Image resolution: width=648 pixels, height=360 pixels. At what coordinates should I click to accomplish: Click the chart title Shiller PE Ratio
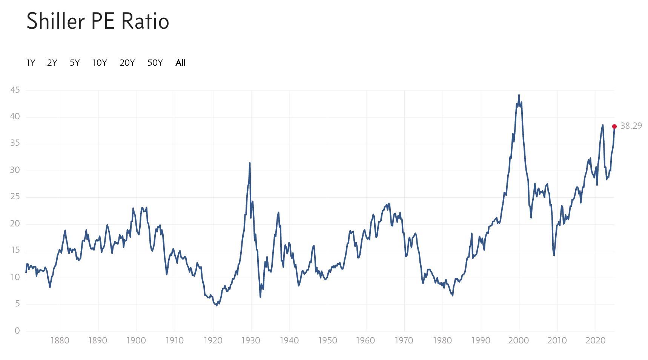tap(98, 21)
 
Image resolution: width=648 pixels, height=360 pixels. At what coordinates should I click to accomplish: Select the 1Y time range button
tap(31, 63)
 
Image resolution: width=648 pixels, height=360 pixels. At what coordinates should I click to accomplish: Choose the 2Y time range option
tap(52, 63)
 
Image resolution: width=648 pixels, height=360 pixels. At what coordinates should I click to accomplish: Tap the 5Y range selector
tap(75, 63)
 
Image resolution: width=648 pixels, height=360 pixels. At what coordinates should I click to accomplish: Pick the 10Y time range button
tap(100, 63)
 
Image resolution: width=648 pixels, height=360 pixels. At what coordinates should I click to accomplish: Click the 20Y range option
tap(127, 63)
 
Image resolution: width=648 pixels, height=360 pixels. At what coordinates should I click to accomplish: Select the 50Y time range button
tap(155, 63)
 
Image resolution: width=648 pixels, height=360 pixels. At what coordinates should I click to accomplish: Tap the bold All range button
tap(181, 63)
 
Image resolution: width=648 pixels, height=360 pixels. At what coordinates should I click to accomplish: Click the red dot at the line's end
tap(614, 126)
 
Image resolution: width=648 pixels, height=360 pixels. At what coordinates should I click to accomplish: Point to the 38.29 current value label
tap(631, 126)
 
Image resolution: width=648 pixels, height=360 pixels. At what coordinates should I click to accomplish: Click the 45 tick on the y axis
tap(15, 90)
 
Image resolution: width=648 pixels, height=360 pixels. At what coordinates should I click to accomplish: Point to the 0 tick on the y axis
tap(17, 331)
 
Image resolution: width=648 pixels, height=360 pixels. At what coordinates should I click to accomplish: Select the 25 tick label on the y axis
tap(15, 197)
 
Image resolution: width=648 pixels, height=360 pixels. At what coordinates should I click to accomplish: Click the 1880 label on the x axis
tap(60, 340)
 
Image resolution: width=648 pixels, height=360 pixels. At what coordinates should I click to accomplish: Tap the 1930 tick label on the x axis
tap(251, 340)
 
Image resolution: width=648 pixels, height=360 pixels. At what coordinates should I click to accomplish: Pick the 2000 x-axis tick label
tap(519, 340)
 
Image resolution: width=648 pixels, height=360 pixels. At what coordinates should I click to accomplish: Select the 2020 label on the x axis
tap(595, 340)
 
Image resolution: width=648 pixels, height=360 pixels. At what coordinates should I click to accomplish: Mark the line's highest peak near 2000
tap(519, 95)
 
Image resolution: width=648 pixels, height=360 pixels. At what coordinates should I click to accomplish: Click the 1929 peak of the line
tap(250, 163)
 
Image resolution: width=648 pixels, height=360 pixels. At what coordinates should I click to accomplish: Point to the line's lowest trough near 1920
tap(217, 305)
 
